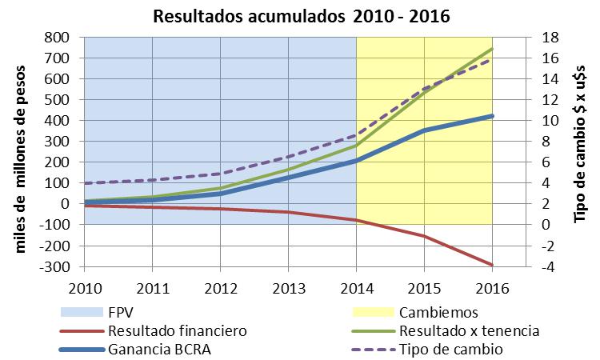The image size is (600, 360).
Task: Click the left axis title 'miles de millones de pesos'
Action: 22,152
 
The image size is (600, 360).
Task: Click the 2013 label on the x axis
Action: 288,286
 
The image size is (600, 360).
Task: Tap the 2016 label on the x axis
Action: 492,286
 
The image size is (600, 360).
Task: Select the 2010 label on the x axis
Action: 86,286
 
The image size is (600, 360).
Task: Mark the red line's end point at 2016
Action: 492,265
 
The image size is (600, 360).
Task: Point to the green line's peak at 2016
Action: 492,49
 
